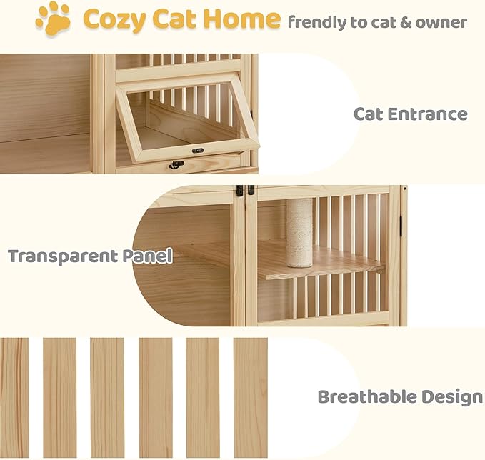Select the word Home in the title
[x=249, y=20]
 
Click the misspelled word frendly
[x=316, y=22]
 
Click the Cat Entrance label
[x=410, y=114]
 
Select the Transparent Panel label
[x=90, y=256]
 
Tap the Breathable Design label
[x=400, y=396]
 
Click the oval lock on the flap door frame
[x=198, y=150]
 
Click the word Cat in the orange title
[x=181, y=20]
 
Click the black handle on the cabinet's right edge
[x=401, y=224]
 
